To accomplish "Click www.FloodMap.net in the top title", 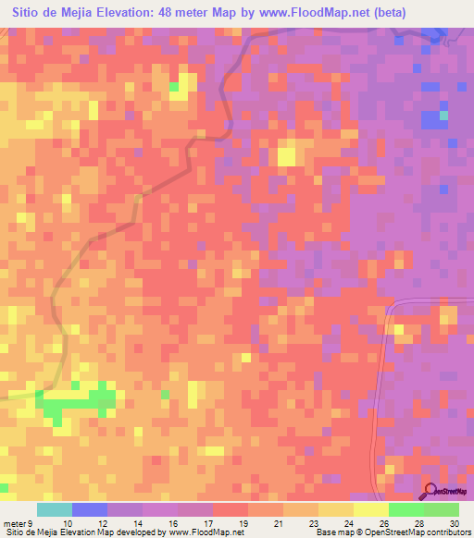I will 306,12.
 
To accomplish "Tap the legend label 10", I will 67,523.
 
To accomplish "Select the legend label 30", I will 453,523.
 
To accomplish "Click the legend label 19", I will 243,523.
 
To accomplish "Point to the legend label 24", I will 348,523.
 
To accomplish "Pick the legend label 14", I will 137,523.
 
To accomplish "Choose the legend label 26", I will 382,523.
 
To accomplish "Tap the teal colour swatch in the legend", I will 54,509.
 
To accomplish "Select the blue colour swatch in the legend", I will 89,509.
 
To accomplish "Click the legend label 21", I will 277,523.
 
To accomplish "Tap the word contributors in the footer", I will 446,533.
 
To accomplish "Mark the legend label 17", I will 207,523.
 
